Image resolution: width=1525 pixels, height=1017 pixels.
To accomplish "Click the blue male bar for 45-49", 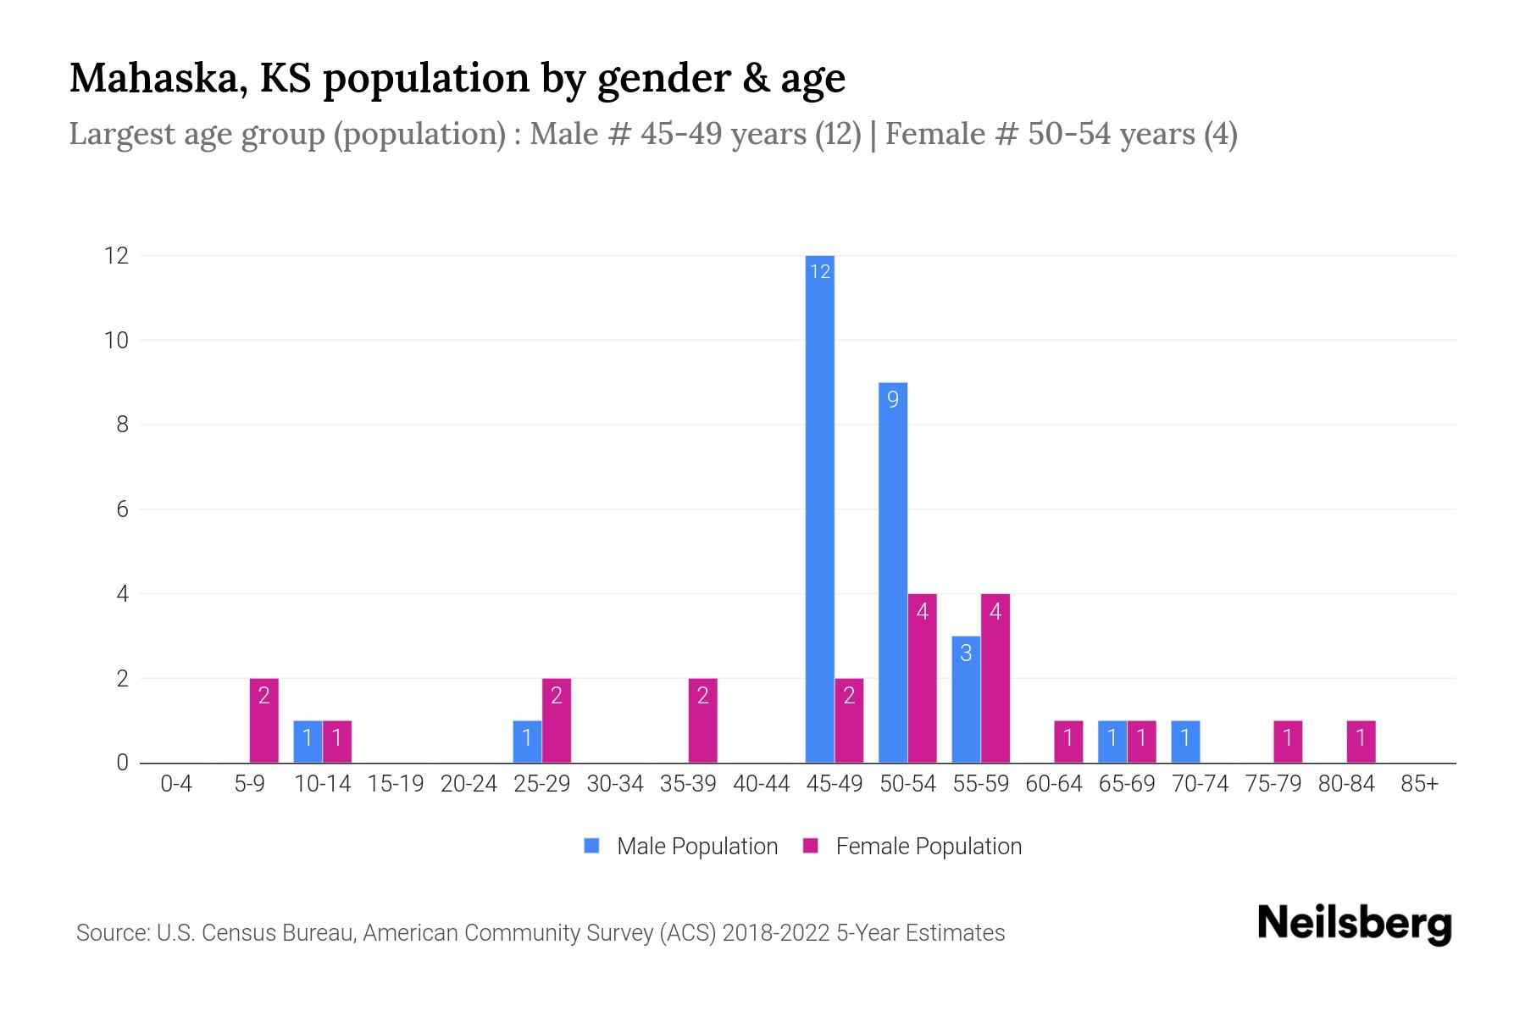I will (x=819, y=508).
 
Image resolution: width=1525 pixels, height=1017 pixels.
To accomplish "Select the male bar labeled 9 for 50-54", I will (x=893, y=572).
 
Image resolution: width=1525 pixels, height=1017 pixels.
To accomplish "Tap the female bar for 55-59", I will (x=995, y=678).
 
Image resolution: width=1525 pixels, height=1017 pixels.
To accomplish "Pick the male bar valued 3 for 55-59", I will (x=966, y=699).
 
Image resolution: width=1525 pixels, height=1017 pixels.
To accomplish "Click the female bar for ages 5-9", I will (x=264, y=720).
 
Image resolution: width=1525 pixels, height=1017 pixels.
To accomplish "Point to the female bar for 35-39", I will (x=703, y=720).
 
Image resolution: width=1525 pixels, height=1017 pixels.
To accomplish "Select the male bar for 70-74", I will (x=1185, y=742).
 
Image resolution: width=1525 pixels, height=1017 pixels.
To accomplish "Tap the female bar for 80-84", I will (x=1361, y=742).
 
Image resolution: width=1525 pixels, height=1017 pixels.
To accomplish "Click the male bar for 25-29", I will (x=527, y=742).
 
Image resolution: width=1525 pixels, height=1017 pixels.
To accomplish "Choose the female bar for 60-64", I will (x=1068, y=742).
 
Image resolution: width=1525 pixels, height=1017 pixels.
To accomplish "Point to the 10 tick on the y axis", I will (x=117, y=341).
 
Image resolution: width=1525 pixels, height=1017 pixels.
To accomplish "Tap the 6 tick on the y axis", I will (x=122, y=509).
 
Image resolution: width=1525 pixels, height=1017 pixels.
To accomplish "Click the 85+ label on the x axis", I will (x=1419, y=784).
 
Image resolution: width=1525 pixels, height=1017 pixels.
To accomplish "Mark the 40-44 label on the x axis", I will (x=761, y=784).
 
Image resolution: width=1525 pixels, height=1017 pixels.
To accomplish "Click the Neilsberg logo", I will (x=1354, y=923).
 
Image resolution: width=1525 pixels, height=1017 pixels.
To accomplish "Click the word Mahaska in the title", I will (x=158, y=78).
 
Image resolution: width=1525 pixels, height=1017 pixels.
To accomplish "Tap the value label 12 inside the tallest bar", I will (x=819, y=271).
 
